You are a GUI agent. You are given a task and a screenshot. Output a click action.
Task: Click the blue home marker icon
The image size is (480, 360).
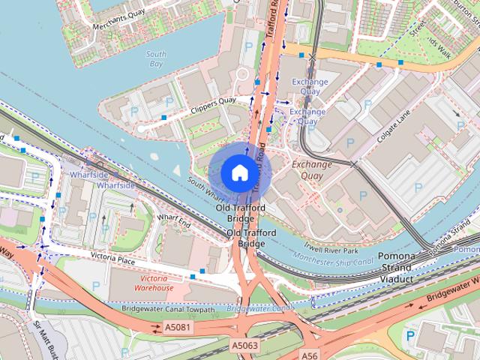[x=239, y=172]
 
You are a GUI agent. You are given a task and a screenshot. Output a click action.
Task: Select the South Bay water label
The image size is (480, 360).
[x=155, y=59]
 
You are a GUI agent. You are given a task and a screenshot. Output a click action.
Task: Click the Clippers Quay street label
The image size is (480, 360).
[x=214, y=105]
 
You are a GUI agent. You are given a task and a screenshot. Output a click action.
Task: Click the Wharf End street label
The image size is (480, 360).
[x=175, y=221]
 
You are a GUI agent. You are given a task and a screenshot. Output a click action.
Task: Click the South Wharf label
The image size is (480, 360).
[x=202, y=186]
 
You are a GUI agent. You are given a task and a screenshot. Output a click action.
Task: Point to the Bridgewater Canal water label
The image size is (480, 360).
[x=259, y=308]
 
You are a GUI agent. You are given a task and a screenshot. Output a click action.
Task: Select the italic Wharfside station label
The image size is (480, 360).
[x=115, y=184]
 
